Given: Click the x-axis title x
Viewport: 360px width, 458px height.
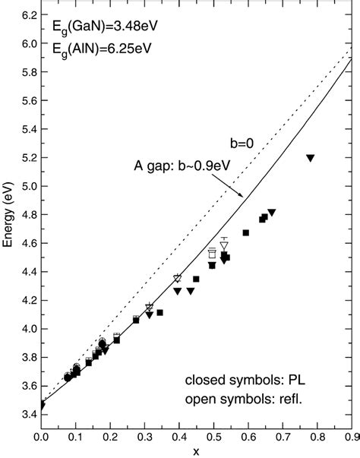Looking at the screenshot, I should click(x=196, y=452).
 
